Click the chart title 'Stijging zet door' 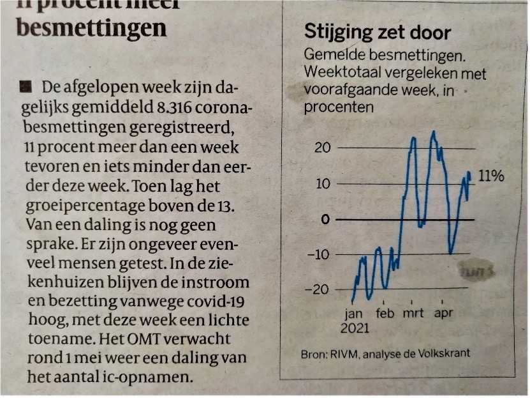(x=378, y=33)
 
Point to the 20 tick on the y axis (x=323, y=148)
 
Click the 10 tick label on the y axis (x=323, y=184)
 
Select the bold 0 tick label (x=326, y=219)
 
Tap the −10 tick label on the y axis (x=319, y=255)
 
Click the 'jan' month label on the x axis (x=353, y=315)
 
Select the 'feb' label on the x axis (x=385, y=314)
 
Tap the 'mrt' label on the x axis (x=414, y=314)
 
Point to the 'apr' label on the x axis (x=444, y=315)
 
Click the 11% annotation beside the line (x=491, y=176)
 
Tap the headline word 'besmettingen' (x=92, y=27)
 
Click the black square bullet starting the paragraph (x=25, y=86)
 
